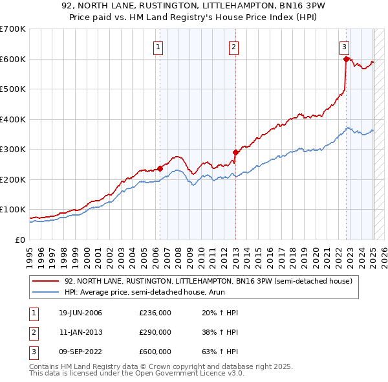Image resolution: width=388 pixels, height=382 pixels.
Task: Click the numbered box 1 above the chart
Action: click(x=158, y=47)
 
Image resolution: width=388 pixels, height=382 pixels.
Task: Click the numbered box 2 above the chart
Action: click(x=233, y=47)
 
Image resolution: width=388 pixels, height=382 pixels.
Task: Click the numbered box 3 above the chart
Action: click(x=345, y=47)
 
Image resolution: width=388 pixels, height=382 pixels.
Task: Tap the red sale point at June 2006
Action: click(x=160, y=169)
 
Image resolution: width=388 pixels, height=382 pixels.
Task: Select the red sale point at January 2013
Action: click(x=235, y=153)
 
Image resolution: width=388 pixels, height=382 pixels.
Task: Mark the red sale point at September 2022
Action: click(x=346, y=60)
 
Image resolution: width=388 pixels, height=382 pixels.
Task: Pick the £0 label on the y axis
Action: click(x=19, y=240)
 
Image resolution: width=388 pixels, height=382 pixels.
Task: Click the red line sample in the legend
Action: click(x=45, y=282)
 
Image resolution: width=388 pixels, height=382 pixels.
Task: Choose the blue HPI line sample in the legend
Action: click(x=45, y=293)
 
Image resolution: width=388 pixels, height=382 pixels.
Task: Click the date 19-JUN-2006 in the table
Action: click(x=80, y=313)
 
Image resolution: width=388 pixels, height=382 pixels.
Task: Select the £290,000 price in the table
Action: click(x=155, y=332)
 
